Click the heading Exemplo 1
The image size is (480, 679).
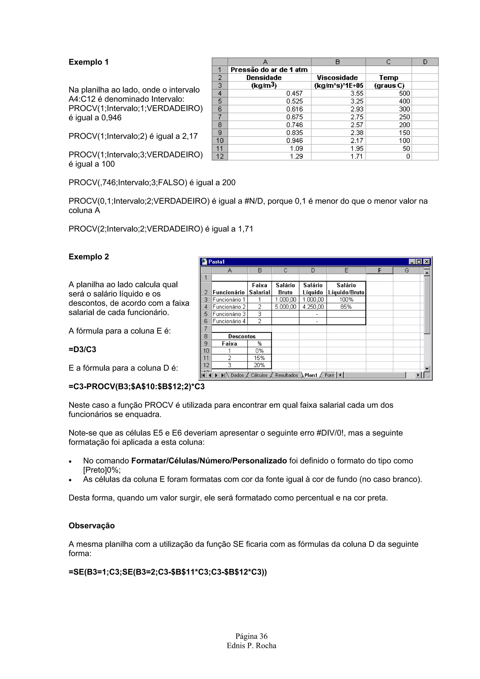(88, 62)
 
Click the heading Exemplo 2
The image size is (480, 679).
(89, 257)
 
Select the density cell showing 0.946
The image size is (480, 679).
(294, 141)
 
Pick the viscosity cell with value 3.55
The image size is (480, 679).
(357, 93)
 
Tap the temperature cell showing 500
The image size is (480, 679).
(404, 93)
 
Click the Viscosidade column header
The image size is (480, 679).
(337, 78)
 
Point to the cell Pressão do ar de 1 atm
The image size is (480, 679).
(269, 70)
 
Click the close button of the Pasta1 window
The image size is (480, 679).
(426, 262)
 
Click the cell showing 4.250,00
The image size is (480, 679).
(313, 307)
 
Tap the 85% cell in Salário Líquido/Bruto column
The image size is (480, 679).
(346, 307)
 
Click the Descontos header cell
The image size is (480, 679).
(242, 336)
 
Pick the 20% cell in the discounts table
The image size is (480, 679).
(259, 365)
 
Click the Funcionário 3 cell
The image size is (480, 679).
(229, 314)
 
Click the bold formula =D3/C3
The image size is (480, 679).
(82, 350)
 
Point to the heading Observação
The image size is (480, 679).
(92, 526)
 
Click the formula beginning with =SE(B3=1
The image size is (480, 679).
(168, 572)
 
